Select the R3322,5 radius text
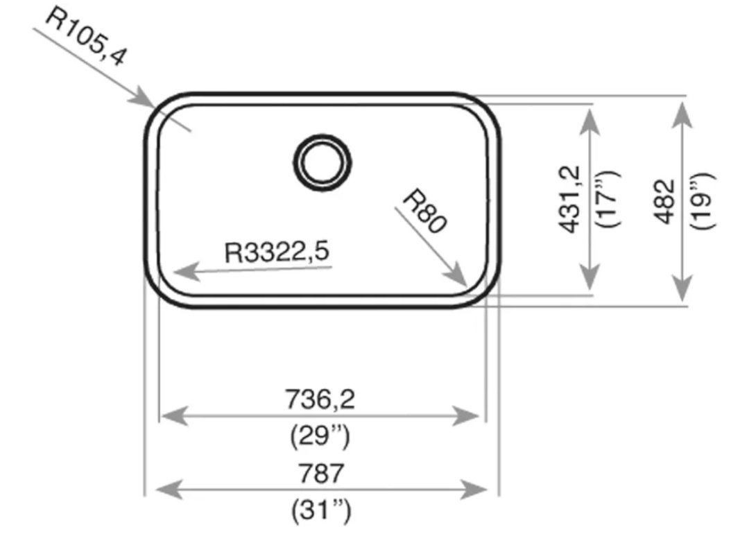tap(277, 252)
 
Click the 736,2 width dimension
tap(320, 399)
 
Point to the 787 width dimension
tap(320, 474)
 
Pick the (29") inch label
tap(320, 437)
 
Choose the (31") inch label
tap(320, 512)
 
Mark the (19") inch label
tap(702, 201)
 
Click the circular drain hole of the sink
tap(323, 161)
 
